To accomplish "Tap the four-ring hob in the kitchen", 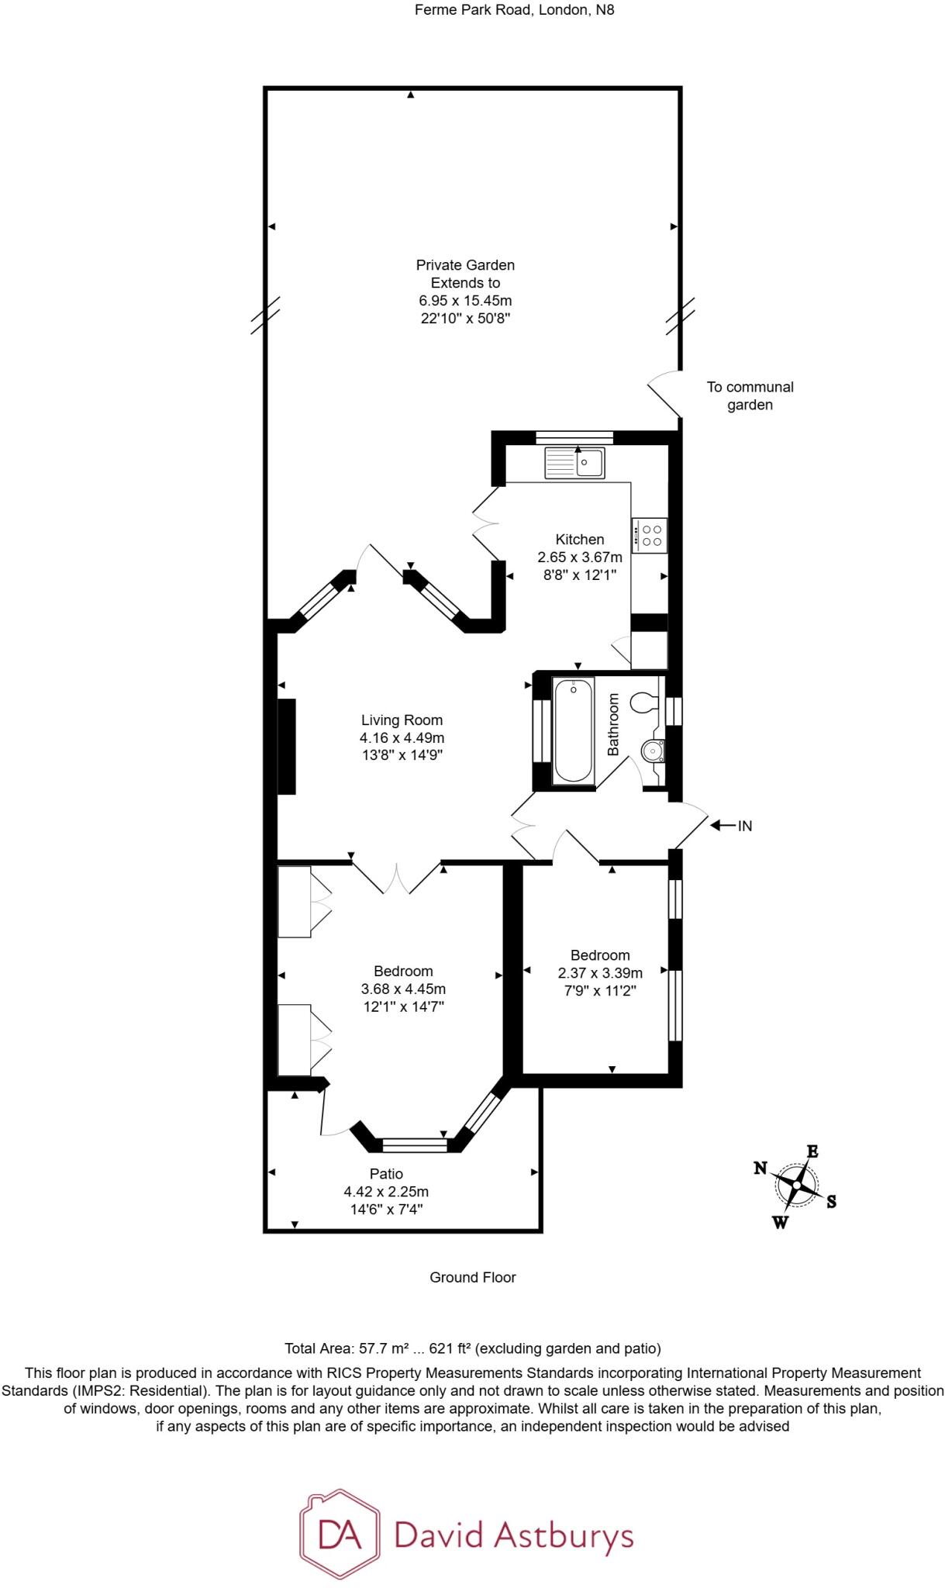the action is click(x=650, y=535).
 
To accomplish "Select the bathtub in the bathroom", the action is click(x=574, y=730).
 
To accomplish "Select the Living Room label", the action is click(x=402, y=720).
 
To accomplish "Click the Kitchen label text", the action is click(x=580, y=540).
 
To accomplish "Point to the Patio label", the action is click(x=386, y=1174).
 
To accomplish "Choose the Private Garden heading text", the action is click(x=465, y=265).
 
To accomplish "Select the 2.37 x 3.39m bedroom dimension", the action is click(x=600, y=973).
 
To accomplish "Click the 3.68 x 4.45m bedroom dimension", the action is click(x=403, y=989).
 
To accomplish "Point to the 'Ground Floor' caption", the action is click(x=473, y=1277).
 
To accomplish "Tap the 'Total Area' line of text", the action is click(x=473, y=1348).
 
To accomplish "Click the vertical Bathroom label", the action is click(x=613, y=724).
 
